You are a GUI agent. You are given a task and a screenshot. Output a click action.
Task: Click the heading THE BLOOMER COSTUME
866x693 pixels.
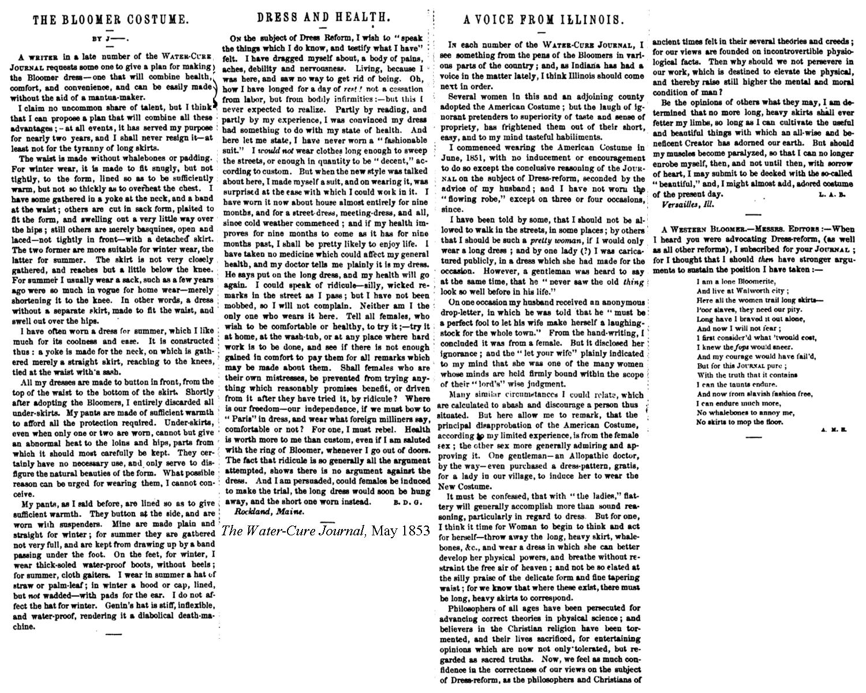(x=110, y=20)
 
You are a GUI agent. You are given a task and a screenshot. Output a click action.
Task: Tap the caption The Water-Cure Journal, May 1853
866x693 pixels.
(x=326, y=531)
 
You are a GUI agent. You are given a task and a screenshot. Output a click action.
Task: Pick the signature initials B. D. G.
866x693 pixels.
(x=408, y=502)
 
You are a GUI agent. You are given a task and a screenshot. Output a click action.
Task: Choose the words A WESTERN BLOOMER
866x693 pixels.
(x=697, y=229)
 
